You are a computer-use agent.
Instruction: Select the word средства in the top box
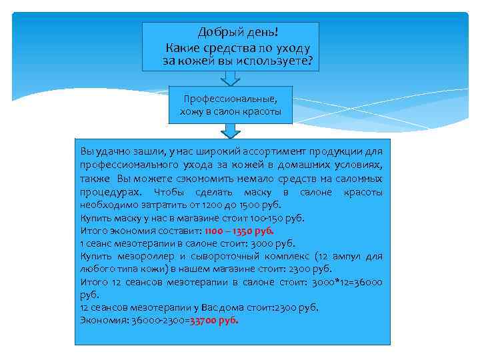click(x=225, y=47)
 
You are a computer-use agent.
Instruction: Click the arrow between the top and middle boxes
click(x=231, y=78)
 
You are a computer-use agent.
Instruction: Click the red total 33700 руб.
click(x=214, y=319)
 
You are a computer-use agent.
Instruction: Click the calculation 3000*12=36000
click(x=347, y=281)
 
